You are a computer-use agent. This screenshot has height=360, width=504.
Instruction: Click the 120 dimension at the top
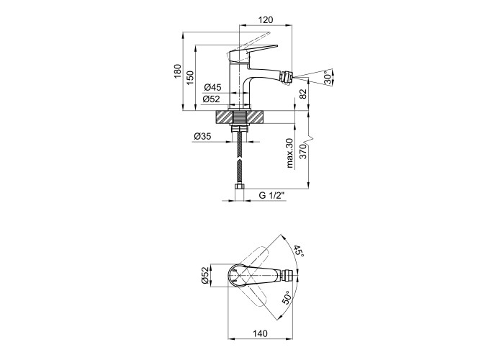266,20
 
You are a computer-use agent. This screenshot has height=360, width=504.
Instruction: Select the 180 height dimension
178,71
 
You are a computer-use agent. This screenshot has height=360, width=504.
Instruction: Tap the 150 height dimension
190,78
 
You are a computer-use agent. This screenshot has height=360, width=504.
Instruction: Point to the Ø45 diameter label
212,87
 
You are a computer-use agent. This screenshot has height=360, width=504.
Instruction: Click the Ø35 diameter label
202,136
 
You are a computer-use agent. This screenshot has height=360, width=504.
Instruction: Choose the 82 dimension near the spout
303,94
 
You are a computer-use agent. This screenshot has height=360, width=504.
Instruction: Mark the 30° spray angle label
328,78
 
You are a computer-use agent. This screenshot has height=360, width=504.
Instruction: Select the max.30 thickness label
290,153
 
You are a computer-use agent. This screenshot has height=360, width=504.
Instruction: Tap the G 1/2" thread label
272,195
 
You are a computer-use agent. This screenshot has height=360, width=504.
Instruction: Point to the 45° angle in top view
300,251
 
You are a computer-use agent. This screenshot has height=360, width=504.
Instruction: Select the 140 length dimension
260,333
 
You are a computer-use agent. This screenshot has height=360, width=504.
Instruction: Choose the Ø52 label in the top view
206,276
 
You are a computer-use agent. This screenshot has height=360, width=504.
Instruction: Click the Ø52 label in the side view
211,99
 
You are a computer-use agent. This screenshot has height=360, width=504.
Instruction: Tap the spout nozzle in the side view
286,78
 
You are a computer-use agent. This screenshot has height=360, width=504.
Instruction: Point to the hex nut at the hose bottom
240,186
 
